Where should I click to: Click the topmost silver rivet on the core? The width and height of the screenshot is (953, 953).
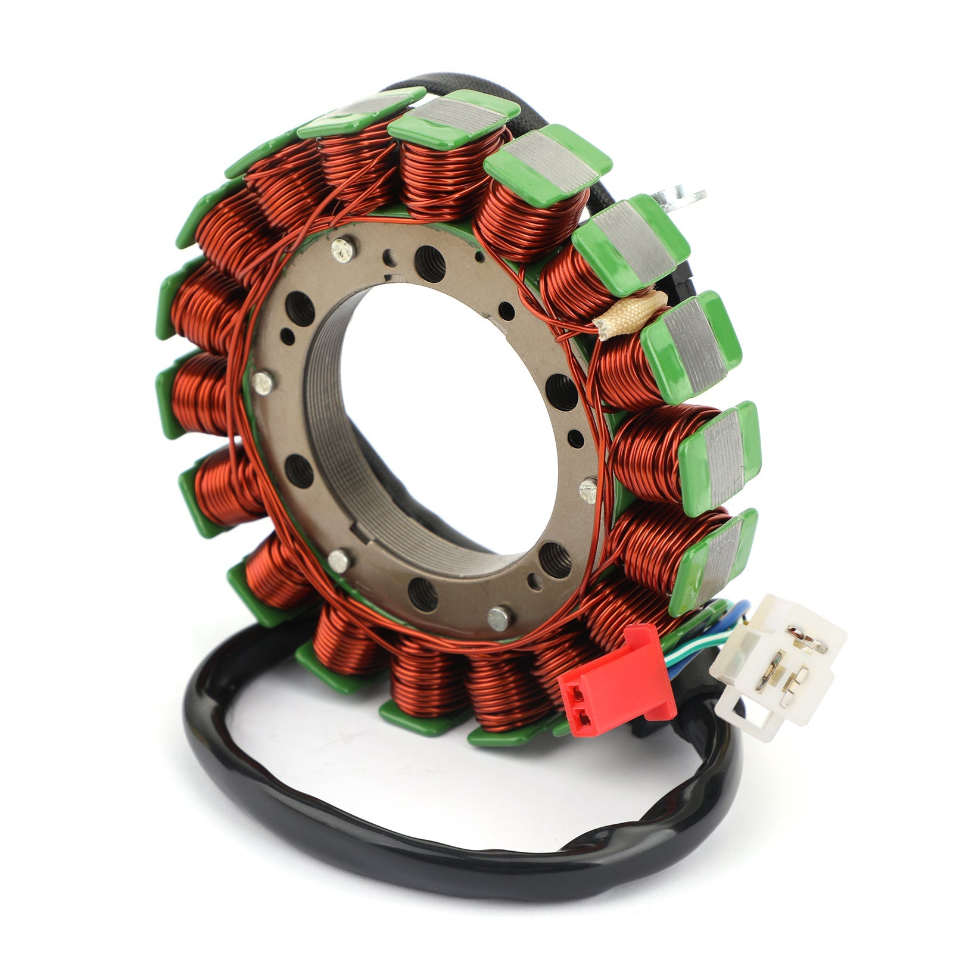click(x=341, y=249)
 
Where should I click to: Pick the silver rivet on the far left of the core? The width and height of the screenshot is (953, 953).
click(x=260, y=383)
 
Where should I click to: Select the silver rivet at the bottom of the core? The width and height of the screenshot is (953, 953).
click(x=499, y=618)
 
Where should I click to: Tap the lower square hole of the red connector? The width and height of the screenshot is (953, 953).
click(x=582, y=720)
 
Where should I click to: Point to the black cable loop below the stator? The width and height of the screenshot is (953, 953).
click(x=417, y=846)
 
